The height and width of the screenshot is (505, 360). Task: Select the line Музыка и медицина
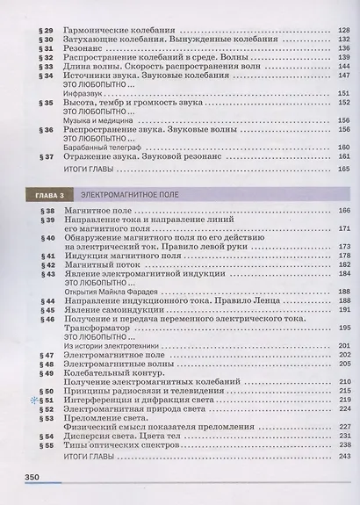[98, 121]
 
